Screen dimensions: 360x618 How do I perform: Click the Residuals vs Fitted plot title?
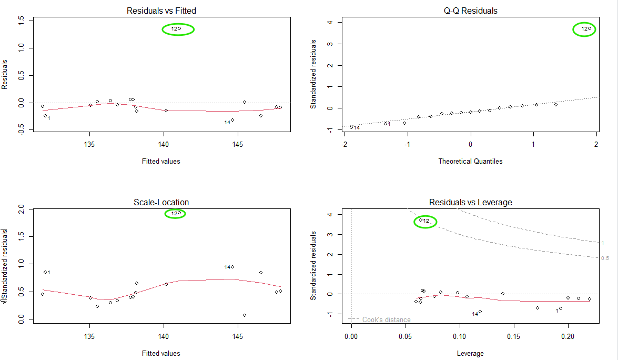(x=162, y=11)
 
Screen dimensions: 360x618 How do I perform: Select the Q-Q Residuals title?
(x=470, y=11)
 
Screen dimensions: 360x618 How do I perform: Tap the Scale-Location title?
(x=162, y=202)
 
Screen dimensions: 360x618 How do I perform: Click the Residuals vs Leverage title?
(x=470, y=202)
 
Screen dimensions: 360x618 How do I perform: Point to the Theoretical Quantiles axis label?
(x=470, y=162)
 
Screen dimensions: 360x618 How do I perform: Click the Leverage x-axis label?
(x=470, y=353)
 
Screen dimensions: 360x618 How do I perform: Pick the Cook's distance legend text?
(x=386, y=319)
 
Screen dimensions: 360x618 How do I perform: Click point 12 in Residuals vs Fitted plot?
(x=179, y=28)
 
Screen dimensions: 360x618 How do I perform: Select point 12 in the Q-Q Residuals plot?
(x=590, y=28)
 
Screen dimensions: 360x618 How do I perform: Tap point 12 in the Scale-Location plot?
(x=179, y=213)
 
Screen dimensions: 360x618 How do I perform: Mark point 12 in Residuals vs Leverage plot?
(x=421, y=220)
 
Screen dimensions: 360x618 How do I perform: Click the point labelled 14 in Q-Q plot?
(x=351, y=127)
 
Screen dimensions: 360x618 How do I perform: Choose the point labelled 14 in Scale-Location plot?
(x=232, y=267)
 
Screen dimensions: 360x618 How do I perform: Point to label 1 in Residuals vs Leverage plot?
(x=556, y=311)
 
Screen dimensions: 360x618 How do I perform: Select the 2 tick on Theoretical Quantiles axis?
(x=596, y=144)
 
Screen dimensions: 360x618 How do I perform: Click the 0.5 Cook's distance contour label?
(x=605, y=258)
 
